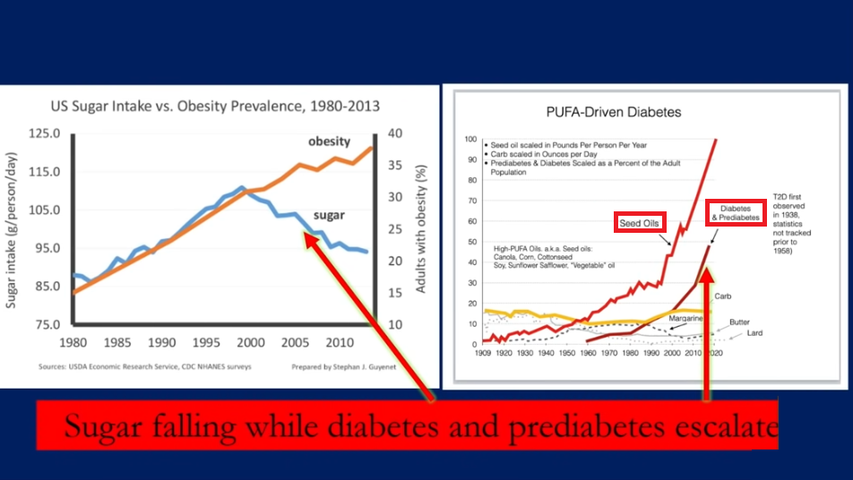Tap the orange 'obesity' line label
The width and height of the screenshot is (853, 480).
pyautogui.click(x=329, y=142)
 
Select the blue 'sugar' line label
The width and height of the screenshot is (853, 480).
pyautogui.click(x=329, y=215)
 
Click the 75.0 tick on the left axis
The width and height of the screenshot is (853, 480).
pyautogui.click(x=46, y=324)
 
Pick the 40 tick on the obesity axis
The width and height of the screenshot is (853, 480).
pyautogui.click(x=395, y=134)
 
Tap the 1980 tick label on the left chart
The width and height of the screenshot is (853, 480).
pyautogui.click(x=73, y=342)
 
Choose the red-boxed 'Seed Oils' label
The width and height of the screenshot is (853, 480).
pyautogui.click(x=640, y=223)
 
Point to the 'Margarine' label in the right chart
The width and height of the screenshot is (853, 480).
pyautogui.click(x=686, y=318)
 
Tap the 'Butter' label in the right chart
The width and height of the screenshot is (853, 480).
pyautogui.click(x=739, y=321)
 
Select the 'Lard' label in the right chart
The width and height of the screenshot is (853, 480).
pyautogui.click(x=755, y=334)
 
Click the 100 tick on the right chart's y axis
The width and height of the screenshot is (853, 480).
pyautogui.click(x=470, y=140)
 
